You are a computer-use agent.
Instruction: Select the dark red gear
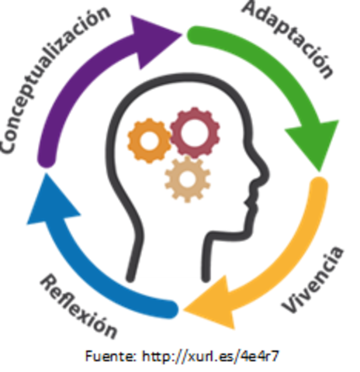click(x=195, y=132)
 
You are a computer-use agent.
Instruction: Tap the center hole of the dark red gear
click(x=195, y=132)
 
